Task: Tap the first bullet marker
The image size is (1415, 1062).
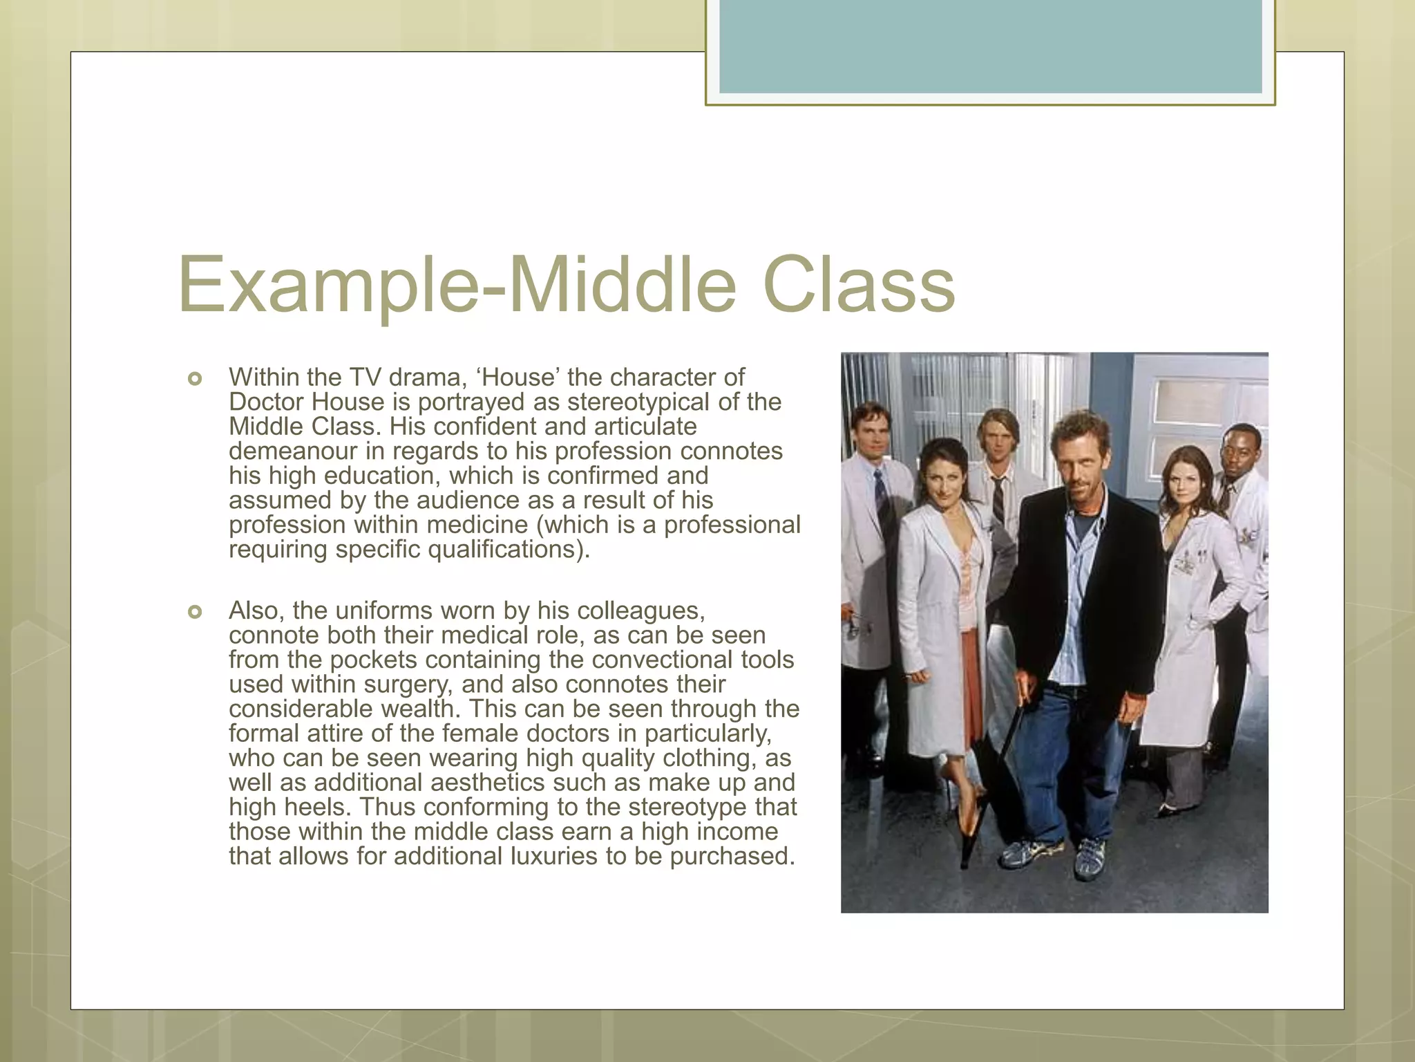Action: (195, 379)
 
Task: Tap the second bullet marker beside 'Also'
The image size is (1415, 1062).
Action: (195, 612)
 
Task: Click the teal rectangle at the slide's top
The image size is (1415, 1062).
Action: (990, 46)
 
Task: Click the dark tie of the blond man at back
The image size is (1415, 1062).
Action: (998, 498)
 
